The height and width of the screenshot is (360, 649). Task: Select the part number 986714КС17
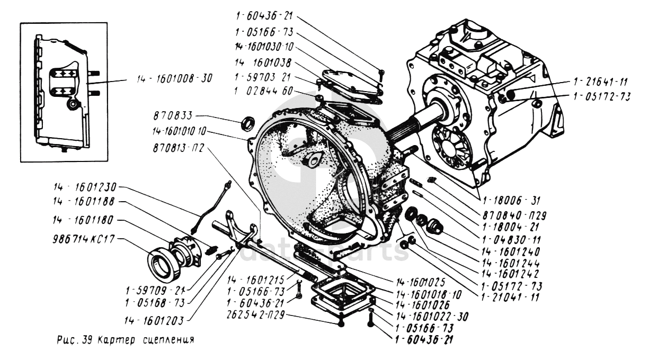click(83, 239)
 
